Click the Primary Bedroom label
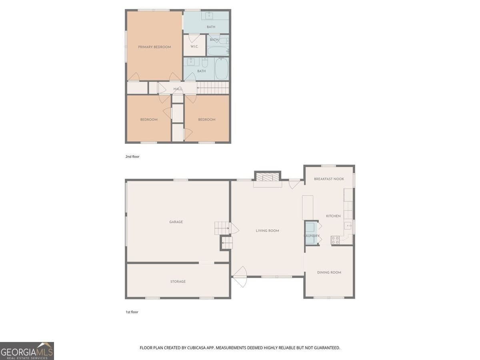(154, 47)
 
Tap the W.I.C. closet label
(194, 47)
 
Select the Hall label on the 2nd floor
(178, 89)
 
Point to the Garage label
(176, 222)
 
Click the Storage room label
(178, 282)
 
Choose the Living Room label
(267, 231)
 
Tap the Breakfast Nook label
(329, 179)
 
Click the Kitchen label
(333, 216)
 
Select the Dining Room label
(329, 272)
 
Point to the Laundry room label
(312, 236)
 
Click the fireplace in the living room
(268, 177)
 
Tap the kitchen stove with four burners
(335, 240)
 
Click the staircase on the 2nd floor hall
(213, 88)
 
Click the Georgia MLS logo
(27, 351)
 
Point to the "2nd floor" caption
(132, 157)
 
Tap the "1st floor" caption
(132, 312)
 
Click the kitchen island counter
(308, 207)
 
